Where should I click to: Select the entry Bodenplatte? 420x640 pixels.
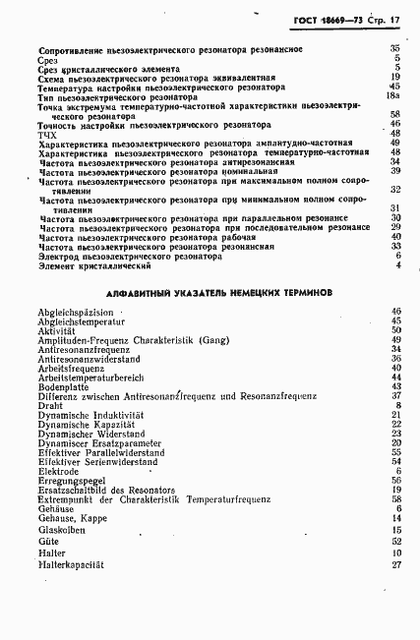[66, 386]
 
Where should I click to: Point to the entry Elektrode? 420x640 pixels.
[60, 470]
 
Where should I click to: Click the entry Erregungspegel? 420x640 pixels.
[70, 480]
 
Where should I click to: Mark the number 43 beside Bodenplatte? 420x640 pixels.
[396, 386]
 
